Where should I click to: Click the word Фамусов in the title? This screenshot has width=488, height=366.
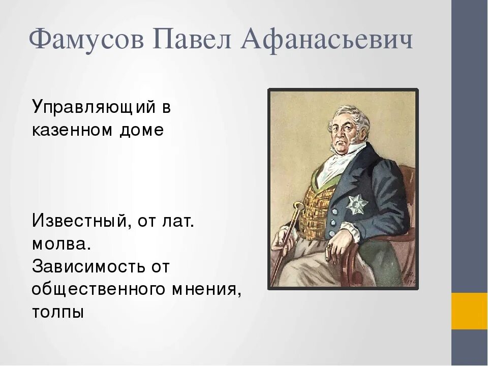coord(86,40)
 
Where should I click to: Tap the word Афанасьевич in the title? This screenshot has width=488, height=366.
coord(327,40)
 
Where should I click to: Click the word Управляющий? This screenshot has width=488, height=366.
coord(93,108)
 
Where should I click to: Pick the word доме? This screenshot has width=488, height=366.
coord(142,131)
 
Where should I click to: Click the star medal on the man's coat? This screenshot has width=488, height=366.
coord(357,205)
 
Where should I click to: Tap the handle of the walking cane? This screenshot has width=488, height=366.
coord(298,208)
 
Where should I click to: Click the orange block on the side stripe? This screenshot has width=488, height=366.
coord(470,311)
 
